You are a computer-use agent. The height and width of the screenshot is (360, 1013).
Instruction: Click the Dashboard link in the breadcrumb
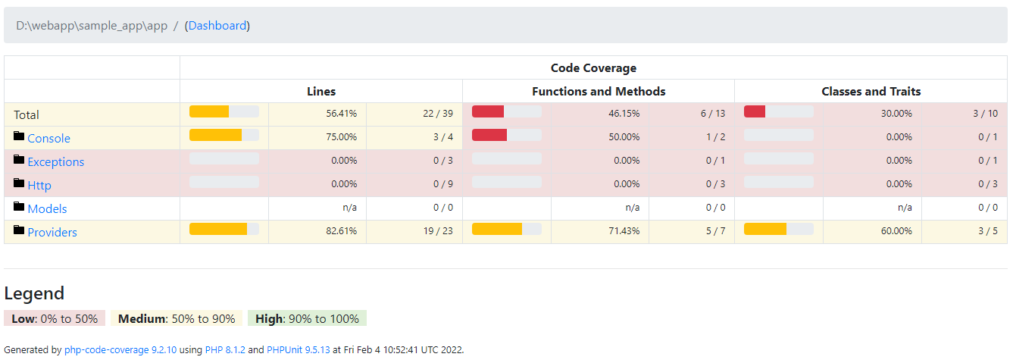(x=217, y=26)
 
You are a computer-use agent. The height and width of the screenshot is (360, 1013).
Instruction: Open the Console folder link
(x=48, y=138)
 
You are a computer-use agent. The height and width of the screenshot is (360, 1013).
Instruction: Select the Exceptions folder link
(x=55, y=161)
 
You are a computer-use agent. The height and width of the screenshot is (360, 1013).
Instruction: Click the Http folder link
(x=39, y=185)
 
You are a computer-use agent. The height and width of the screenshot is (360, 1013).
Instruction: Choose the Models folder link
(x=47, y=208)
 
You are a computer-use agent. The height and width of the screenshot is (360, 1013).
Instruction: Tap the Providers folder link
(x=52, y=232)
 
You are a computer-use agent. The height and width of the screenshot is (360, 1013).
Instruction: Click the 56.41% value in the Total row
(x=341, y=114)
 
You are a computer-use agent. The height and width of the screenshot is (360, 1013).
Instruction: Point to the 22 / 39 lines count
(x=438, y=114)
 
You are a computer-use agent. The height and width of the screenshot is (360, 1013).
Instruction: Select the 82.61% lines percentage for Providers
(x=341, y=231)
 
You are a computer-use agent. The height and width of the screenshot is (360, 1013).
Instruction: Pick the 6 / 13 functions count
(x=713, y=114)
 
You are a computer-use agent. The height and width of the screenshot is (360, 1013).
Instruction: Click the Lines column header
(x=321, y=91)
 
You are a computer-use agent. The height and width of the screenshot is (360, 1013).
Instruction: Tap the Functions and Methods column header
(x=599, y=91)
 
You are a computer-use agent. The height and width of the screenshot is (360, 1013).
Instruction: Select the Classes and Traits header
(x=871, y=91)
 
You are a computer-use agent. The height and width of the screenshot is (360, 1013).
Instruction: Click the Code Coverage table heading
(x=593, y=67)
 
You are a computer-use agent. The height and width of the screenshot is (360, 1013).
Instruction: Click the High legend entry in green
(x=307, y=318)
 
